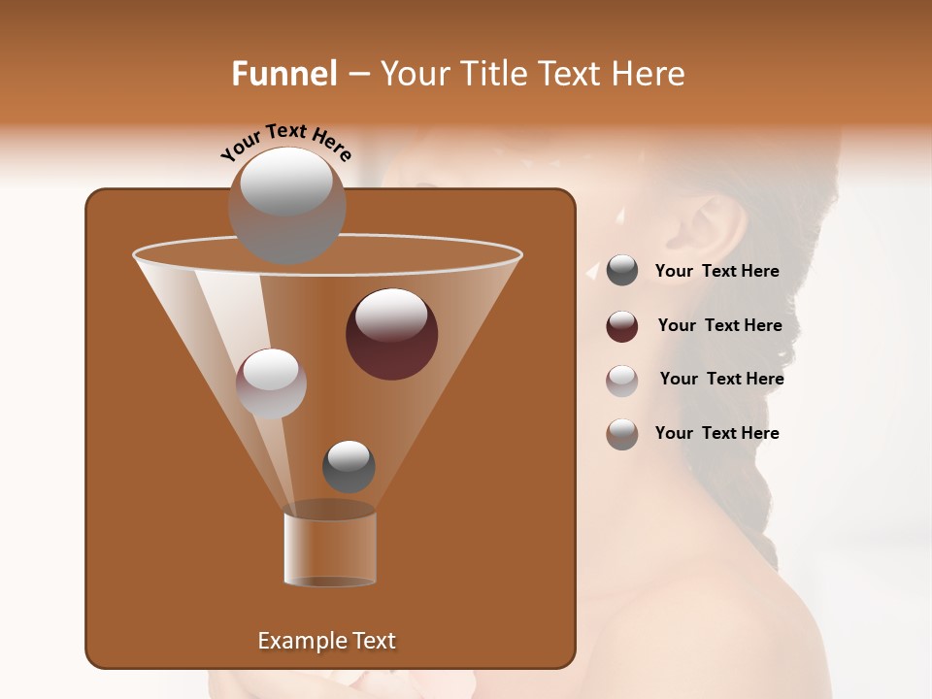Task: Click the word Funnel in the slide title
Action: point(283,74)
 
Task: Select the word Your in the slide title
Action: point(415,74)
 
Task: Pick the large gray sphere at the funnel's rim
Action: point(286,205)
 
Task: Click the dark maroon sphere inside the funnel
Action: point(391,334)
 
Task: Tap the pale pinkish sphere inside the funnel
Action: point(271,383)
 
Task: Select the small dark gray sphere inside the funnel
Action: point(349,466)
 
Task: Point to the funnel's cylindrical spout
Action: point(330,548)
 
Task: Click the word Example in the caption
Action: point(292,641)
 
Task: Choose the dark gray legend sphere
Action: point(622,271)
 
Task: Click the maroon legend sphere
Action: point(622,326)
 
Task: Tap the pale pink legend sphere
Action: point(622,381)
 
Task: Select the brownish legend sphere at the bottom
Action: point(622,434)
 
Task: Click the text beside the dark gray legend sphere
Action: point(716,271)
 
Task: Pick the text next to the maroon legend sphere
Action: point(719,325)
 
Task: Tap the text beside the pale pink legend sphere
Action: point(721,379)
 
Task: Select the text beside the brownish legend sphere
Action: point(716,433)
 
